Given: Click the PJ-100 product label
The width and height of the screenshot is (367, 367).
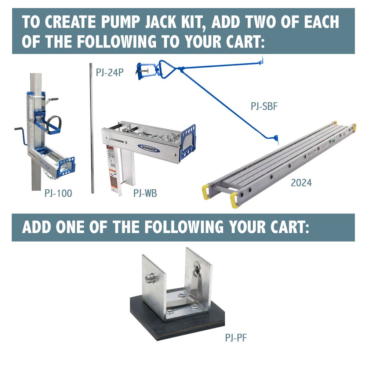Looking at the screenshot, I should click(58, 193).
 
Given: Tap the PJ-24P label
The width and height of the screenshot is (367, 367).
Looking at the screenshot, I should click(109, 72).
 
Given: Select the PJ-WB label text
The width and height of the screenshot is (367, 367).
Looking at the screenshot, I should click(145, 193).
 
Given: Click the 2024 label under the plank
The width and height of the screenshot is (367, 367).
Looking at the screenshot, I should click(301, 182).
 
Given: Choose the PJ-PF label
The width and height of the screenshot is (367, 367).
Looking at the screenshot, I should click(236, 337).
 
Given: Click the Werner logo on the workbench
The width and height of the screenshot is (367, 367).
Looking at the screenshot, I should click(149, 149).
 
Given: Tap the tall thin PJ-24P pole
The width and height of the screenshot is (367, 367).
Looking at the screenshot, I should click(91, 128).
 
